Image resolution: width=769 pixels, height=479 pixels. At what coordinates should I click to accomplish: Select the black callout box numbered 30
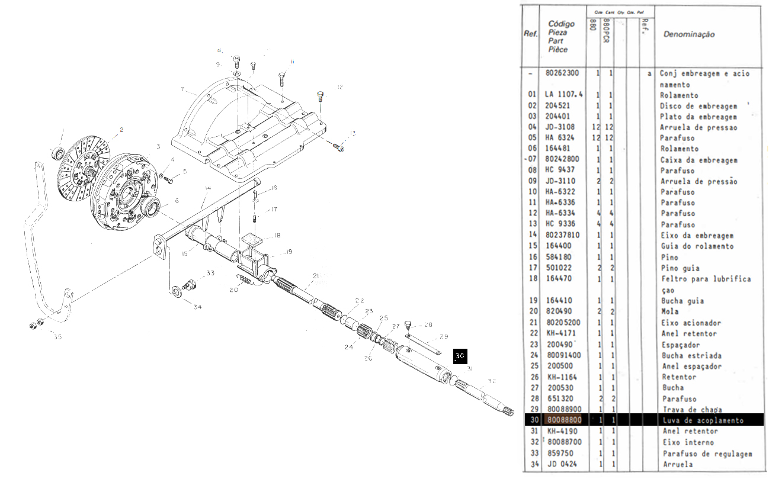pos(460,356)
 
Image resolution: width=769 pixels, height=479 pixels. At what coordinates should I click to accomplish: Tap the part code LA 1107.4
pos(563,95)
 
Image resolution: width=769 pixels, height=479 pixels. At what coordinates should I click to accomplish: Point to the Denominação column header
pos(689,34)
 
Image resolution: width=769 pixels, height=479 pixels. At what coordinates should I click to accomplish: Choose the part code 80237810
pos(562,235)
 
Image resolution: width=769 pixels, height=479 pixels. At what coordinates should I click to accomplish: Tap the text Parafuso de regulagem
pos(707,454)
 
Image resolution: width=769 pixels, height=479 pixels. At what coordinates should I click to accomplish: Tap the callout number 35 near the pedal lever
pos(57,337)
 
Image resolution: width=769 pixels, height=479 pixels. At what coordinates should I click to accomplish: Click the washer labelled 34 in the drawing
pos(177,292)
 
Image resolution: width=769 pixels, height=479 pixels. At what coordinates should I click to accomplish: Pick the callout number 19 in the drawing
pos(289,252)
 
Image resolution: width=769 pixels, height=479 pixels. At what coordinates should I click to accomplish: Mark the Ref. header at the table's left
pos(530,34)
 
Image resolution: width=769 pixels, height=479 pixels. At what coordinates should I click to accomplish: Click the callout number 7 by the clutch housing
pos(184,90)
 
